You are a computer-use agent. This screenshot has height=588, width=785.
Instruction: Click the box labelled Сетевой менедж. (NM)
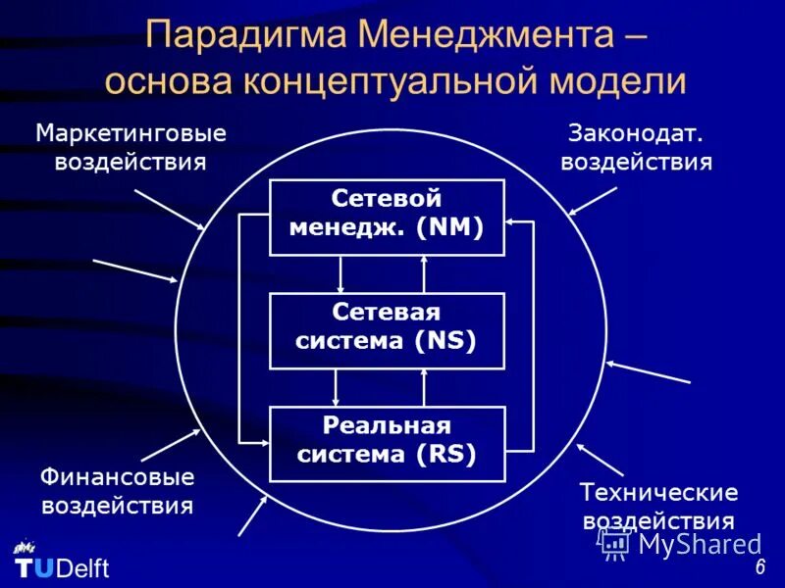click(x=387, y=217)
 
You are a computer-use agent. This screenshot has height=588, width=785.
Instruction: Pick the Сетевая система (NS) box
click(x=387, y=330)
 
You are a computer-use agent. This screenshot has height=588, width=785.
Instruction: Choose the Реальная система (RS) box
click(x=387, y=443)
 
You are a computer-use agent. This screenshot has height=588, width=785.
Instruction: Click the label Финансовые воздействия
click(x=117, y=491)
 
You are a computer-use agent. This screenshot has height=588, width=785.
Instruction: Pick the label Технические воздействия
click(x=657, y=506)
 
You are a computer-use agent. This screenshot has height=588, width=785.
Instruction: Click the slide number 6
click(x=760, y=569)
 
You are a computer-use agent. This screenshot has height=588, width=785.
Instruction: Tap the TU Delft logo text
click(x=62, y=568)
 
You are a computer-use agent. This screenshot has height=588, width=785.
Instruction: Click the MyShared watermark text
click(x=699, y=544)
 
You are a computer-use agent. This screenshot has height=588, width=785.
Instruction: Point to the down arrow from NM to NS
click(x=340, y=274)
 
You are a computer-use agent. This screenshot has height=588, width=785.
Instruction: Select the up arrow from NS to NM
click(x=424, y=274)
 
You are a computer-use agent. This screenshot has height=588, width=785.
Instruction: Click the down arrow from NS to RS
click(x=336, y=388)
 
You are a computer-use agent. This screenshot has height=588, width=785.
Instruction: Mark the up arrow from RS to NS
click(x=424, y=388)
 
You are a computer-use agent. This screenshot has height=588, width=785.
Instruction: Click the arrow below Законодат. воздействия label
click(x=593, y=201)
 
